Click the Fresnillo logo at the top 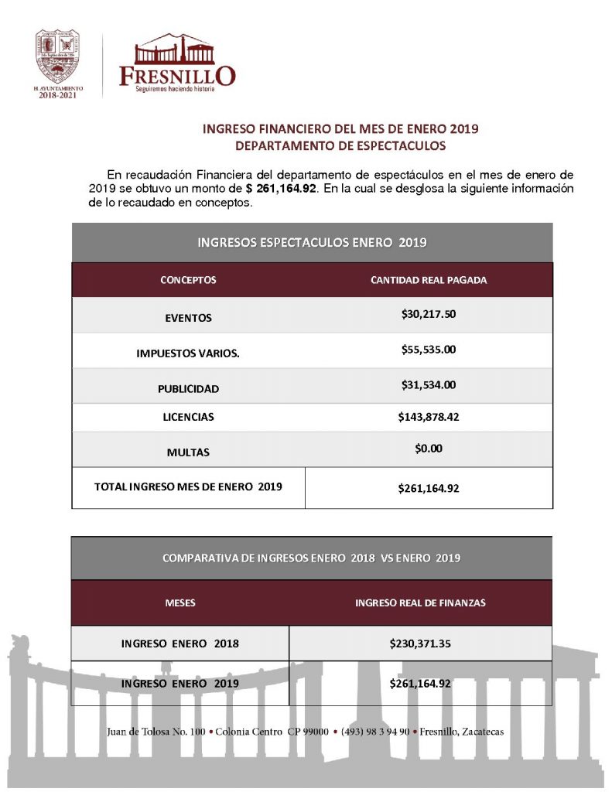tap(176, 64)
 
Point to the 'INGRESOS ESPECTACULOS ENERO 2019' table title tap(313, 243)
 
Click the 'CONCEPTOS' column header tap(188, 280)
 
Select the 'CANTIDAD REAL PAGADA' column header tap(429, 280)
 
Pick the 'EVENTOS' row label tap(188, 318)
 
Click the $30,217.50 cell tap(429, 314)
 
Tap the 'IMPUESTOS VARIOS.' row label tap(188, 353)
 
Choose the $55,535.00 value tap(429, 350)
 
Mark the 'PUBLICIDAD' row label tap(188, 389)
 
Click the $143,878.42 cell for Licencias tap(429, 417)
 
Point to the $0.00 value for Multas tap(429, 448)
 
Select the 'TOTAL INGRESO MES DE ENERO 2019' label tap(188, 487)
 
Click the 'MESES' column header tap(179, 603)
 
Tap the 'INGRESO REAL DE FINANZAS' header tap(420, 603)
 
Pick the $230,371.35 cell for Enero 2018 tap(420, 643)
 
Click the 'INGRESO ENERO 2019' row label tap(179, 684)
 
